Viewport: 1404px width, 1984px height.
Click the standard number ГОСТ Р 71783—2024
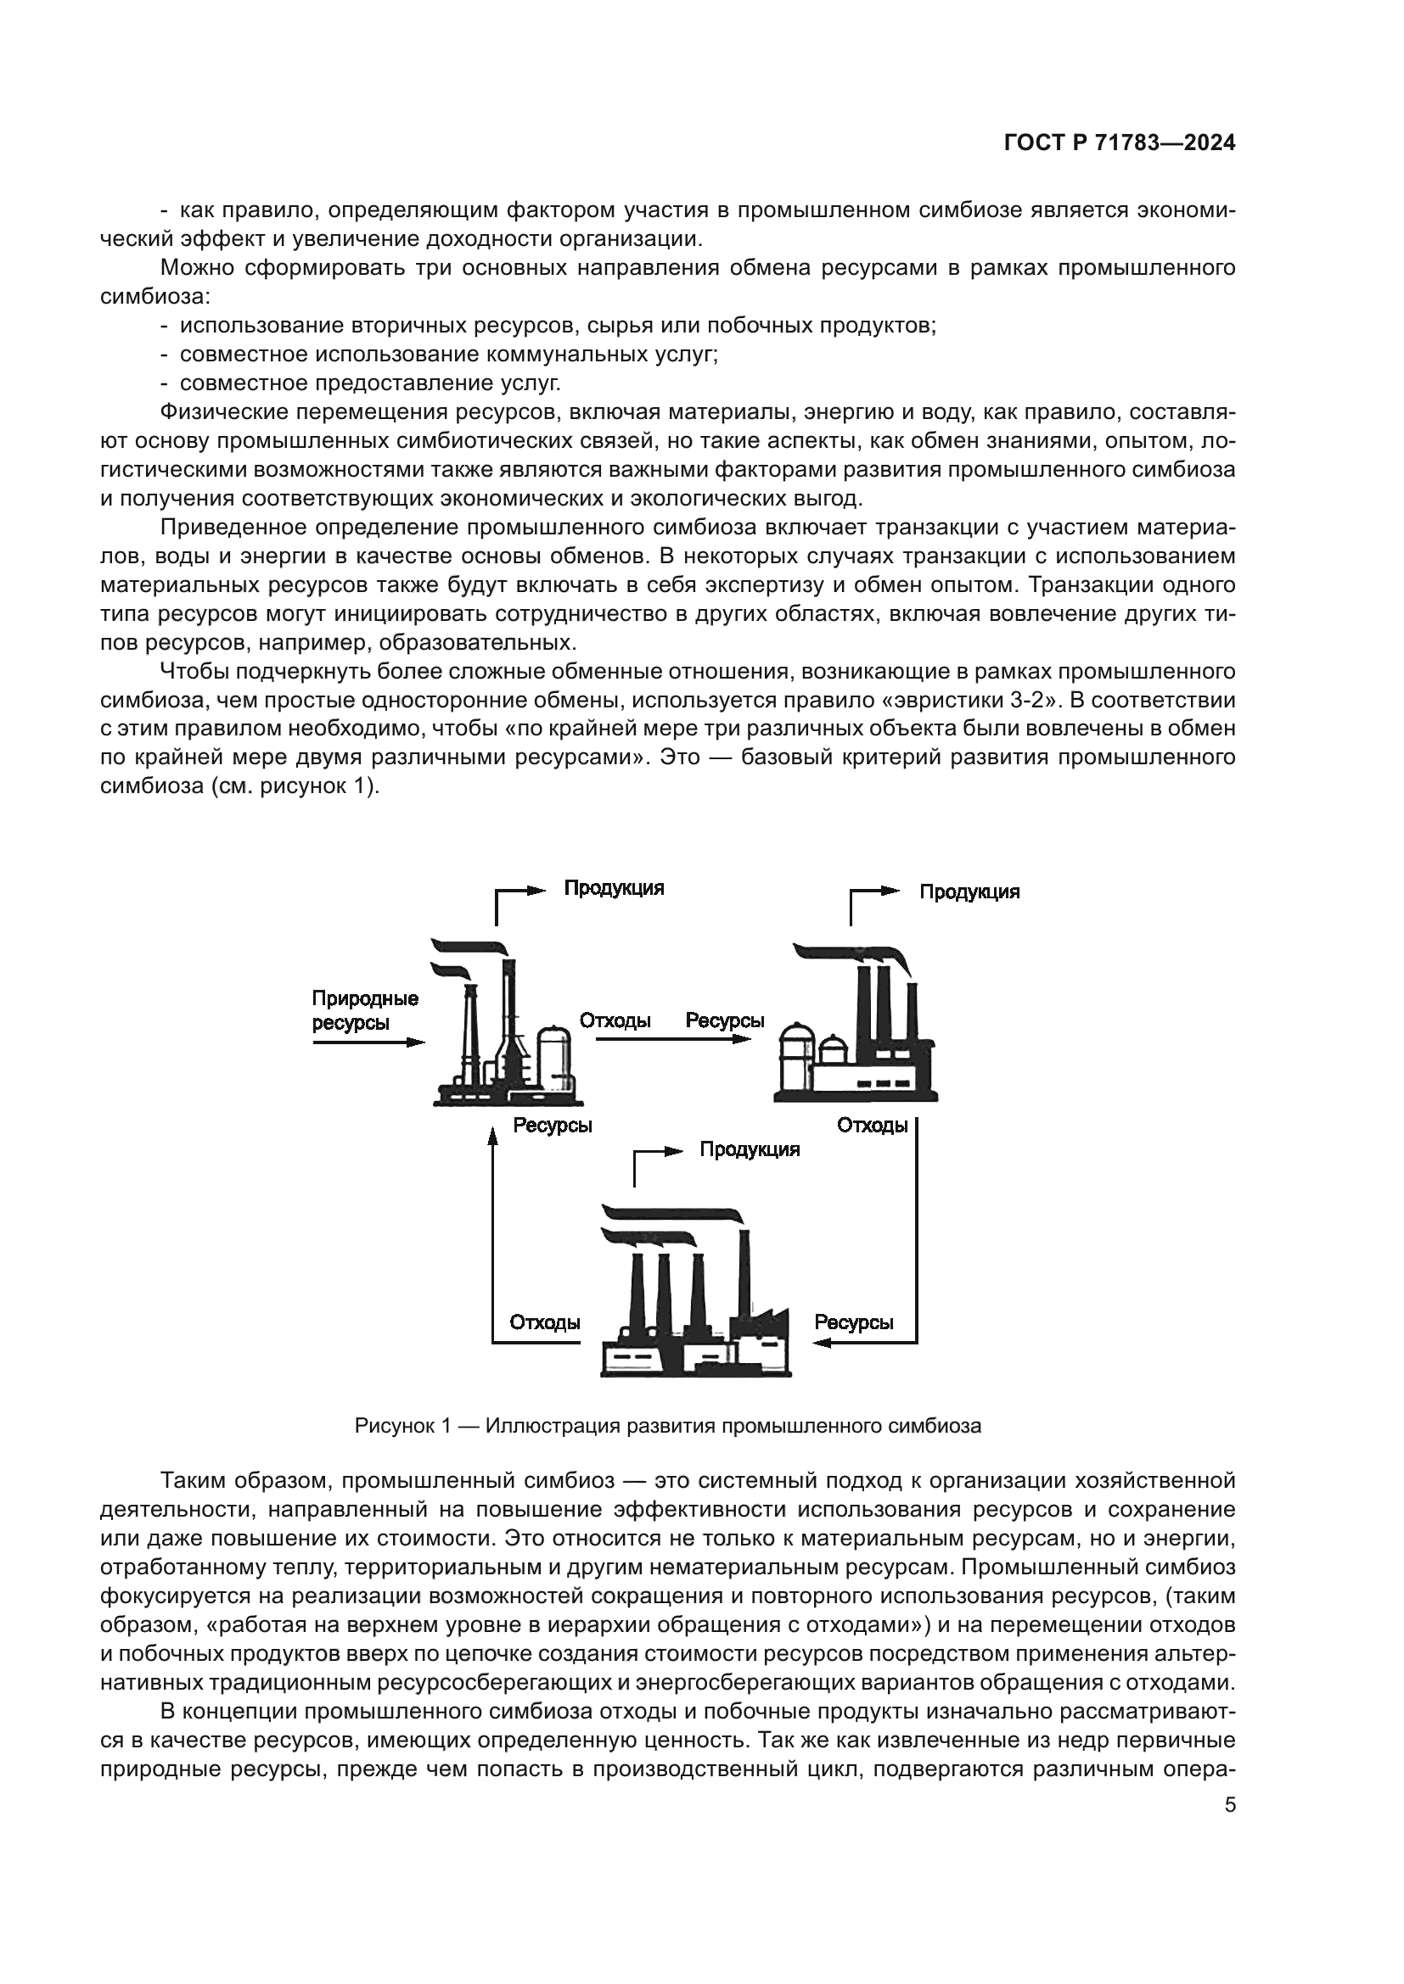click(x=1120, y=143)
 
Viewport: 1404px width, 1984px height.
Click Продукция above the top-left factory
click(x=614, y=888)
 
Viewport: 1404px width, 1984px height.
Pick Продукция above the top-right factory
click(x=969, y=891)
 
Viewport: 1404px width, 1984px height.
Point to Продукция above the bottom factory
click(x=750, y=1149)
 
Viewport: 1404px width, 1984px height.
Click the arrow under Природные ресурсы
click(x=369, y=1042)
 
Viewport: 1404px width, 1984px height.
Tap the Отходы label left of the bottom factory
click(x=545, y=1322)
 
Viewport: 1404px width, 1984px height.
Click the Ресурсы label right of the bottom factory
click(x=854, y=1322)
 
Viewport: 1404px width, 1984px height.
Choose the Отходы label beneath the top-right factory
click(x=873, y=1125)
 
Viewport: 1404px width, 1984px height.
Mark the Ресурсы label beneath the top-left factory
click(x=553, y=1125)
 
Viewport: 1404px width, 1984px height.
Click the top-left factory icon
click(x=508, y=1022)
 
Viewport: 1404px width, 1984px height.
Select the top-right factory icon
click(x=855, y=1023)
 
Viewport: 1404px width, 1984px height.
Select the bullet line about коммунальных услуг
click(x=440, y=355)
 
